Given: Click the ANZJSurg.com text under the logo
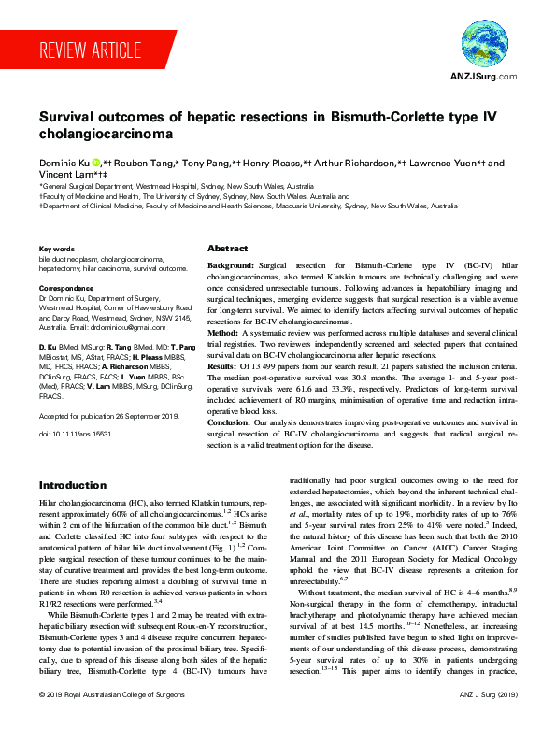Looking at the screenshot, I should (x=483, y=77).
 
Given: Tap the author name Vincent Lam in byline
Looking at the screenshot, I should (x=66, y=175).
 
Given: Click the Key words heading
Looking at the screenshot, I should (x=56, y=250).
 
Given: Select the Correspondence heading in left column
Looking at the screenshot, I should (x=66, y=289).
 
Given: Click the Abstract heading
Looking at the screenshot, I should (x=227, y=250).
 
